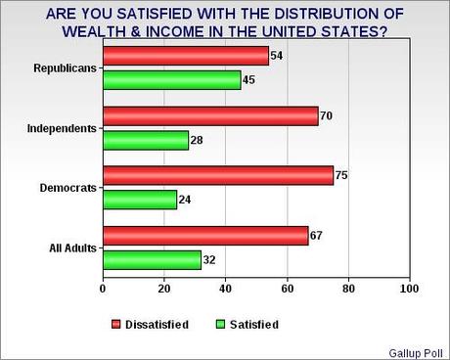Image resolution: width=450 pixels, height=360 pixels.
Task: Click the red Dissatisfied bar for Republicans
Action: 185,56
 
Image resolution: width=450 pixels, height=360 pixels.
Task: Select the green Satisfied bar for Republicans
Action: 171,81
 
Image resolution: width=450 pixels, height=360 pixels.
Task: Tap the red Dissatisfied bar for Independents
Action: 209,116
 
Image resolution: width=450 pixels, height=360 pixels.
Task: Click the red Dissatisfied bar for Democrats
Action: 217,176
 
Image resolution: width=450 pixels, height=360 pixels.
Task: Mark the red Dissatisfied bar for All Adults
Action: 204,236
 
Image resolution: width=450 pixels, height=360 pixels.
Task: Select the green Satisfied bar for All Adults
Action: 151,261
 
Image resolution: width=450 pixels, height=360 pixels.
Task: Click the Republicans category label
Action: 64,69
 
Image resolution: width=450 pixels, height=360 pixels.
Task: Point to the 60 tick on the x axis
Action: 287,290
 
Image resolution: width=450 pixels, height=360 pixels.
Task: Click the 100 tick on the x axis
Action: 409,290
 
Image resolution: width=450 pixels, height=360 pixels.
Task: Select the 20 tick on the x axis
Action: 163,290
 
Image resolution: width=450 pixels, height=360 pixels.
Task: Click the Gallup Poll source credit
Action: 418,350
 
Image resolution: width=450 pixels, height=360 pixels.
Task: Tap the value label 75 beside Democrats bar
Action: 343,176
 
